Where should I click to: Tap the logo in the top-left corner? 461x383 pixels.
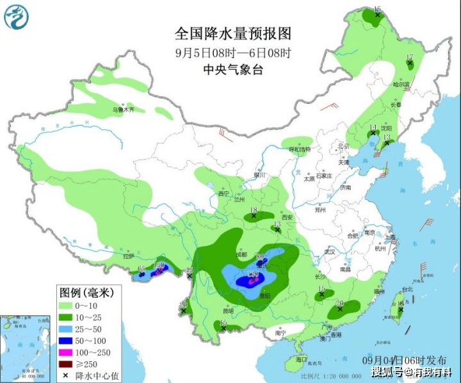click(17, 17)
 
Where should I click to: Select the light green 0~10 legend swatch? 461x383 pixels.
click(66, 306)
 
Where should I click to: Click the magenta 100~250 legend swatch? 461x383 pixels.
click(66, 352)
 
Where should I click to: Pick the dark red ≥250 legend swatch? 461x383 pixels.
click(66, 363)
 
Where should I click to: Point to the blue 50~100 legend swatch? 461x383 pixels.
click(66, 340)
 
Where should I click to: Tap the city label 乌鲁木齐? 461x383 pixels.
click(124, 110)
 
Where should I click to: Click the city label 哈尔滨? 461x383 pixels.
click(401, 84)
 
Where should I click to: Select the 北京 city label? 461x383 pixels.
click(344, 145)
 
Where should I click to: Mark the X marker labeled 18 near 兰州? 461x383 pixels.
click(254, 216)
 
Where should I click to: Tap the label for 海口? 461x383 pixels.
click(302, 360)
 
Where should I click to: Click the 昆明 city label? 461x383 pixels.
click(229, 311)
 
